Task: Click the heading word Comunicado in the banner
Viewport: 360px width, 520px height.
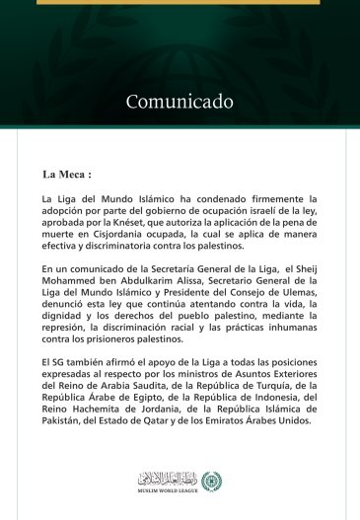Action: coord(179,101)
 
